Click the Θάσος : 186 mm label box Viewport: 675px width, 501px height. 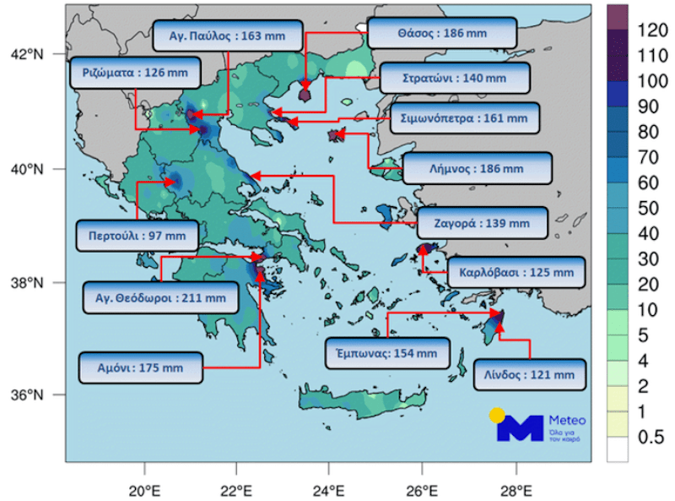429,34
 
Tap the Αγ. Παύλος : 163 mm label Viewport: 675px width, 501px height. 228,36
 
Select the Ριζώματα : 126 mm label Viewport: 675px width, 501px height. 136,73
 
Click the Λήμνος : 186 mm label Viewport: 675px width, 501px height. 478,169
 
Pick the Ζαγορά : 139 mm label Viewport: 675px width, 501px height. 483,224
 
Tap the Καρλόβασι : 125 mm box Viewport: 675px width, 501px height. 516,274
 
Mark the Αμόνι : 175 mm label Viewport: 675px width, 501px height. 142,368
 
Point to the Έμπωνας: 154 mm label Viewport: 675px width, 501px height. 387,352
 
